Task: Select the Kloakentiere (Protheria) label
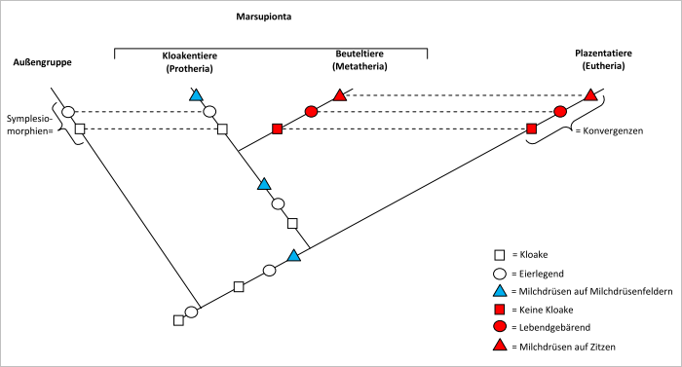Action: [x=189, y=61]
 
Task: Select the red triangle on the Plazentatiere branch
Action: [x=590, y=94]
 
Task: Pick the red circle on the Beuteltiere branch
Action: [x=312, y=112]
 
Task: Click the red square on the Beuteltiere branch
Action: [x=277, y=128]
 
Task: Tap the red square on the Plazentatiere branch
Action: [x=532, y=128]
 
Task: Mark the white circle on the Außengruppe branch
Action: [x=68, y=112]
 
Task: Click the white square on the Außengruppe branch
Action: [x=81, y=128]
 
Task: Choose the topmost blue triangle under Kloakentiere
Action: [x=196, y=94]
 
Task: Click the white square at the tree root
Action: [x=178, y=319]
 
